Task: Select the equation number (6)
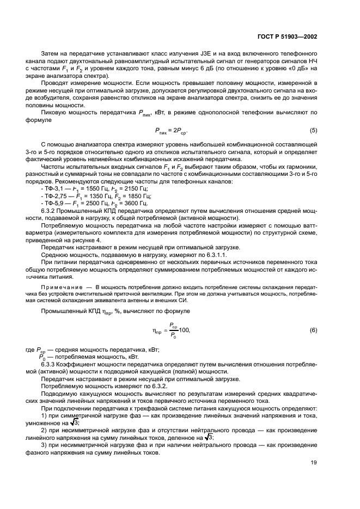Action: pos(314,330)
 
